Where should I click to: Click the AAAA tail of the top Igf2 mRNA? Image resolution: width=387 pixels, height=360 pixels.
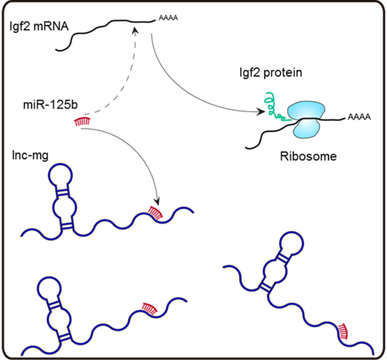(x=169, y=19)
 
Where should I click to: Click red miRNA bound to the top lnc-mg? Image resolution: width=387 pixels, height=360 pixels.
(x=157, y=213)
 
